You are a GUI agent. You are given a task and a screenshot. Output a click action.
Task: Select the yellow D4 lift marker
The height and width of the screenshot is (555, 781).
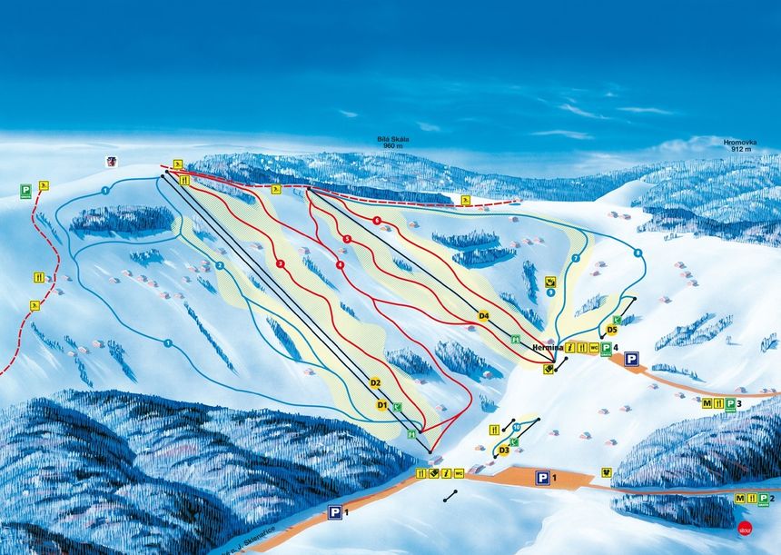coord(484,316)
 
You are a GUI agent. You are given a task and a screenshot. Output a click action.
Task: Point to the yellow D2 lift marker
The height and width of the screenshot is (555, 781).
coord(375,383)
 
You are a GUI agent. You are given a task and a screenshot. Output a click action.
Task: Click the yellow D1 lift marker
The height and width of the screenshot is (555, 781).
coord(382,404)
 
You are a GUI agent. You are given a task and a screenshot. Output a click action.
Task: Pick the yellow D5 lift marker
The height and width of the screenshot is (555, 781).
coord(611,330)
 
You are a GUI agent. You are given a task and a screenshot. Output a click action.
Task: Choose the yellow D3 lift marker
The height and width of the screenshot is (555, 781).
coord(503,449)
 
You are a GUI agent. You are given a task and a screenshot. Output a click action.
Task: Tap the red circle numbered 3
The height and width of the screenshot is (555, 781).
coord(347,239)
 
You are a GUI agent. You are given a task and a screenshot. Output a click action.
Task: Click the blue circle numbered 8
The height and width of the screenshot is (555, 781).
coord(638,253)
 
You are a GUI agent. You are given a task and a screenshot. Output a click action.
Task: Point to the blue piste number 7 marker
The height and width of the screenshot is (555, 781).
coord(576,257)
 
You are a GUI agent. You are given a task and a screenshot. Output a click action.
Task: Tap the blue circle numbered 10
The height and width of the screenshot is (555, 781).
coord(516,425)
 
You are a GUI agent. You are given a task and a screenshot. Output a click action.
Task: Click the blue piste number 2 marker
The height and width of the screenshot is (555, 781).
coord(220,265)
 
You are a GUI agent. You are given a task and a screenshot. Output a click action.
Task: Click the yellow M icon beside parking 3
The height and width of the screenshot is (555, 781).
coord(707,402)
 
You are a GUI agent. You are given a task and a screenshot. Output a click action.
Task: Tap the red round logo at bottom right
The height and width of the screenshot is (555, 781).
coord(746,526)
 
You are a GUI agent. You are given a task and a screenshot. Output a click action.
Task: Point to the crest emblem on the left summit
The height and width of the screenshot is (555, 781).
coord(112,162)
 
